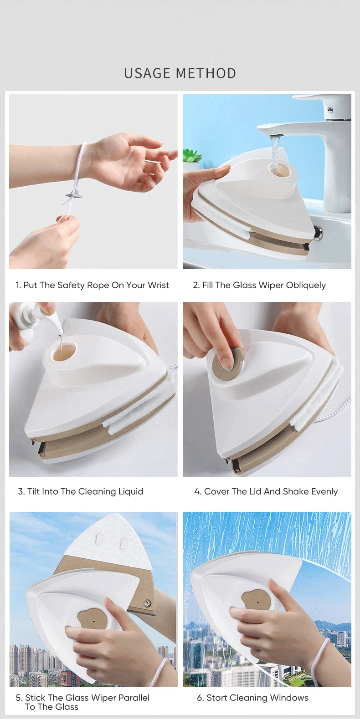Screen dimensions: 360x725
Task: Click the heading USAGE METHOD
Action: (x=180, y=73)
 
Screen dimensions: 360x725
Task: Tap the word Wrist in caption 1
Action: (x=158, y=285)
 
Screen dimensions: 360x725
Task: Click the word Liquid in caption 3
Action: (x=131, y=491)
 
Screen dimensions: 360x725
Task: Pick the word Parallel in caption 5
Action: (x=134, y=698)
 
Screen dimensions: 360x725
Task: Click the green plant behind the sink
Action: (x=193, y=155)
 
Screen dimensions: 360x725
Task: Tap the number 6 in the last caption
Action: (x=200, y=698)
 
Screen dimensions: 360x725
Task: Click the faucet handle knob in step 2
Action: (x=330, y=109)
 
